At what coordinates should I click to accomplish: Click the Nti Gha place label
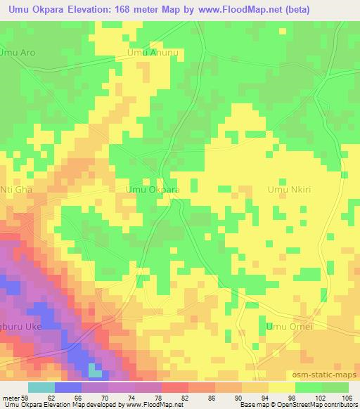point(16,189)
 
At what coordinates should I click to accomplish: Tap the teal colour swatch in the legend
point(41,388)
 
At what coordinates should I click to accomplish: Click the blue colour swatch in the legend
point(67,388)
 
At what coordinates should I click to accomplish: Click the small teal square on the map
point(94,369)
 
